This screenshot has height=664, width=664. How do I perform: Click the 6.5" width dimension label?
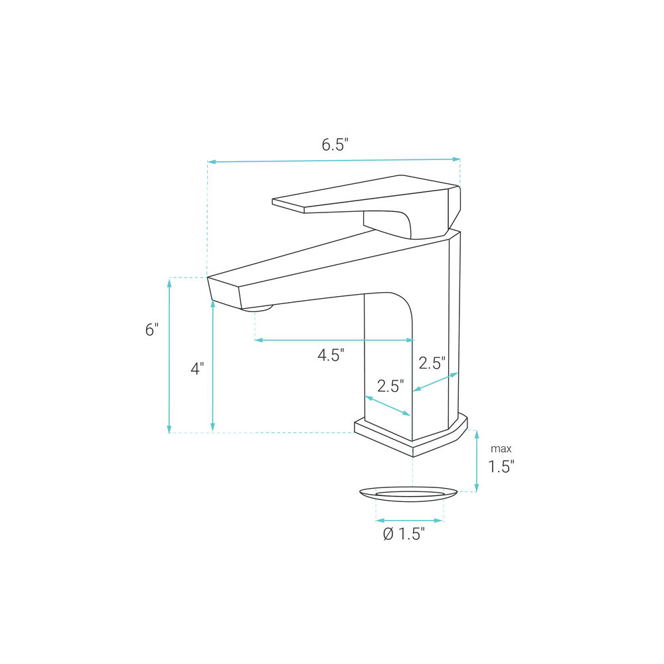(335, 145)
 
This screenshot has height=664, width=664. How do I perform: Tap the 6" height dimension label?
(151, 329)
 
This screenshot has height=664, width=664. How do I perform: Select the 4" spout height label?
(197, 369)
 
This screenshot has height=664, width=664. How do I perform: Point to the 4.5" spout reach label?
(331, 355)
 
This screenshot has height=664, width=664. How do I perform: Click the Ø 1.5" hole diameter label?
(404, 534)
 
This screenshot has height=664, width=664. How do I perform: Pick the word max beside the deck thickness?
(501, 448)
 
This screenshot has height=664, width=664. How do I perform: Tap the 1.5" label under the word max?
(501, 467)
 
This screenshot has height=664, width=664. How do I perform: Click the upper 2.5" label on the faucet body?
(432, 363)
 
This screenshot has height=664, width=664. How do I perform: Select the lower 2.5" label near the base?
(390, 386)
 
